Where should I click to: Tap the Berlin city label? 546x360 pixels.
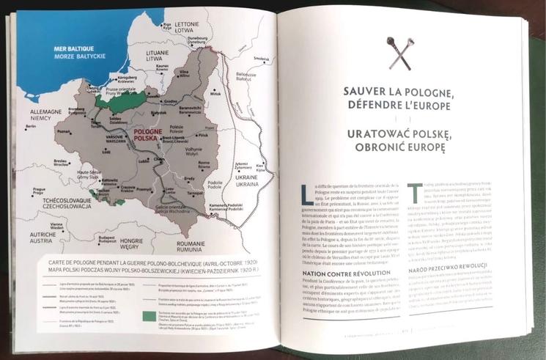coord(31,127)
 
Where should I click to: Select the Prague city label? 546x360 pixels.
coord(40,190)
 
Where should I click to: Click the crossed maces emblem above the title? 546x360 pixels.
coord(400,53)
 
